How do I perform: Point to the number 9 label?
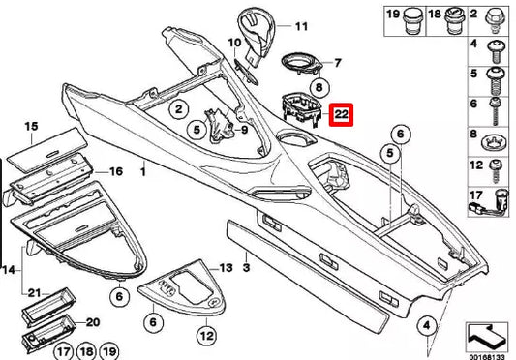pyautogui.click(x=244, y=130)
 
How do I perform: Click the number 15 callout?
pyautogui.click(x=31, y=127)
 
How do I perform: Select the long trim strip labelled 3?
pyautogui.click(x=319, y=271)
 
